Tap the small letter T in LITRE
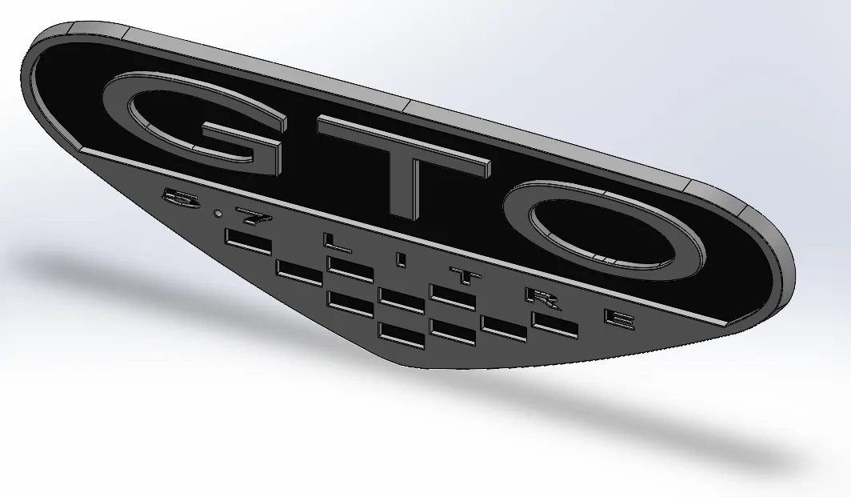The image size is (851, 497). click(x=462, y=276)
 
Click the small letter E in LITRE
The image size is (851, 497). click(x=620, y=319)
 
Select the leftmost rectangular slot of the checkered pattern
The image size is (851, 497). click(x=248, y=242)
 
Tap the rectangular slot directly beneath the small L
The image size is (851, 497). click(x=350, y=268)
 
